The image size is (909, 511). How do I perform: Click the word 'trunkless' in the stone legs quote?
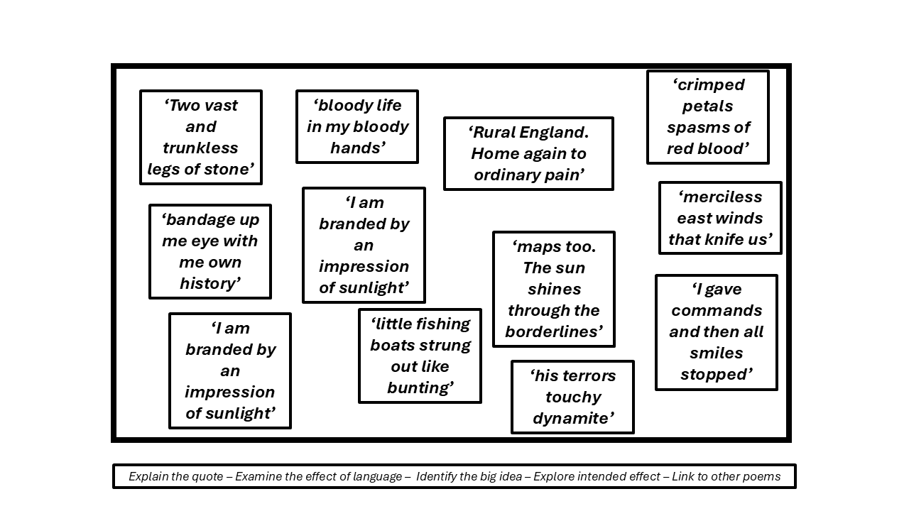click(x=200, y=148)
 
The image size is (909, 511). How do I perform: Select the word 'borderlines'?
click(x=553, y=331)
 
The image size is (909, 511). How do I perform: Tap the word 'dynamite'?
click(x=571, y=418)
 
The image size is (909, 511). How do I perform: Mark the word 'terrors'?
click(x=588, y=375)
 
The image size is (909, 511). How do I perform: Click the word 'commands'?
click(x=716, y=310)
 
